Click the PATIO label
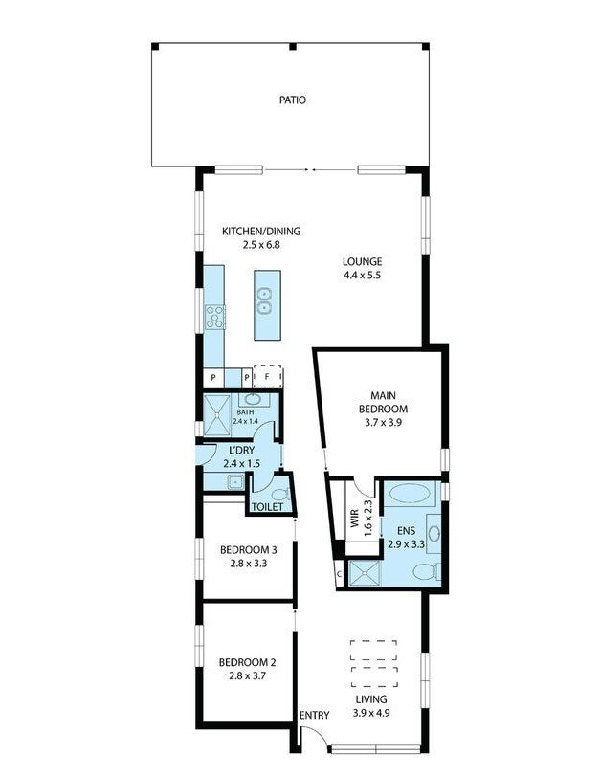tap(293, 100)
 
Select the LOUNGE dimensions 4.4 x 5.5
tap(363, 276)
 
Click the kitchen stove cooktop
tap(214, 317)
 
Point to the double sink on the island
tap(267, 305)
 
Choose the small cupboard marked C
tap(339, 573)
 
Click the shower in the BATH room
tap(218, 411)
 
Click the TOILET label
tap(267, 507)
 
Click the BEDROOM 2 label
tap(247, 662)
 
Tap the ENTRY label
tap(314, 716)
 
